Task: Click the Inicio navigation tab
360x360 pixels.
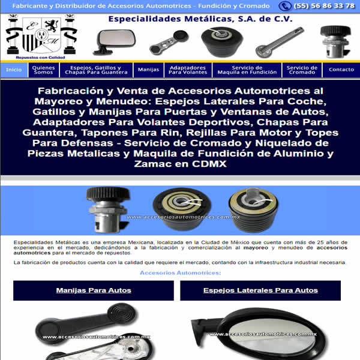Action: tap(13, 70)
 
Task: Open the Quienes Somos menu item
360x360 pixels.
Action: tap(43, 70)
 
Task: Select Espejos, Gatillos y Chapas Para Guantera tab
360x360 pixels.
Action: tap(95, 70)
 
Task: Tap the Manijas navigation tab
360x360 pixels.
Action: tap(148, 70)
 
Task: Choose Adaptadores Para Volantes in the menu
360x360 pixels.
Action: tap(187, 70)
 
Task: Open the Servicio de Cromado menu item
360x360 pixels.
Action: tap(302, 70)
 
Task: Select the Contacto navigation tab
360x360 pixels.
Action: tap(341, 70)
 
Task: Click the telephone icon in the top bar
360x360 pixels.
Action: tap(286, 6)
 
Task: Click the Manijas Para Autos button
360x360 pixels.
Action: tap(94, 290)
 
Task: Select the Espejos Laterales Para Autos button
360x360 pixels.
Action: tap(260, 290)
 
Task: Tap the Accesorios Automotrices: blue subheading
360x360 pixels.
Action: tap(180, 273)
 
